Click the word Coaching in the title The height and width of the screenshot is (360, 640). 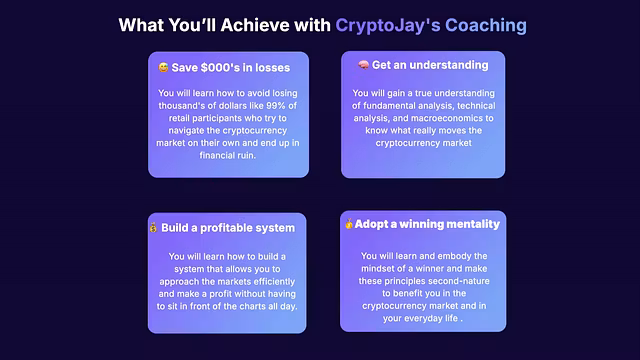pyautogui.click(x=484, y=24)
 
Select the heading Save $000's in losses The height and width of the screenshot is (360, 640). pyautogui.click(x=233, y=67)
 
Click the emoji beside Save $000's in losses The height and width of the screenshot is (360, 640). pyautogui.click(x=162, y=67)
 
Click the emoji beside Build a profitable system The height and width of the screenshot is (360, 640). pyautogui.click(x=153, y=227)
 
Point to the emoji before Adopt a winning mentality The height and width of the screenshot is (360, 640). pyautogui.click(x=349, y=224)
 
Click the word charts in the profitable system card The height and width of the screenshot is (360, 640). pyautogui.click(x=260, y=306)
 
